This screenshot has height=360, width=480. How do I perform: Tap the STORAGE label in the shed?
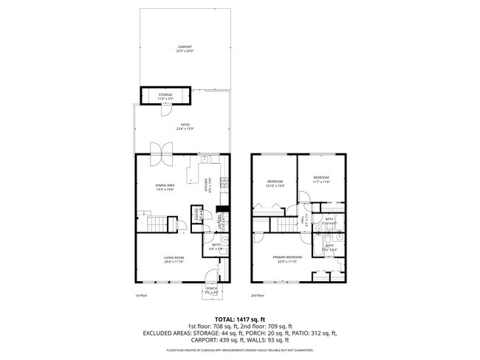(x=165, y=94)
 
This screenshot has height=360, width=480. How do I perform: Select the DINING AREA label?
(x=165, y=184)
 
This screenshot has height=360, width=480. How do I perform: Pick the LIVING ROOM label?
(x=174, y=257)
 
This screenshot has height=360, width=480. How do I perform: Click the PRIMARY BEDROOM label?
(x=287, y=257)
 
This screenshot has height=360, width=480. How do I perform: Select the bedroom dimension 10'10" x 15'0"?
(x=275, y=186)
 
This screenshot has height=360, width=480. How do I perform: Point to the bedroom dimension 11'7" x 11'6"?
(x=320, y=181)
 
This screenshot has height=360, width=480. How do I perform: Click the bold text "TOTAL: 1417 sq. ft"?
(x=240, y=318)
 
